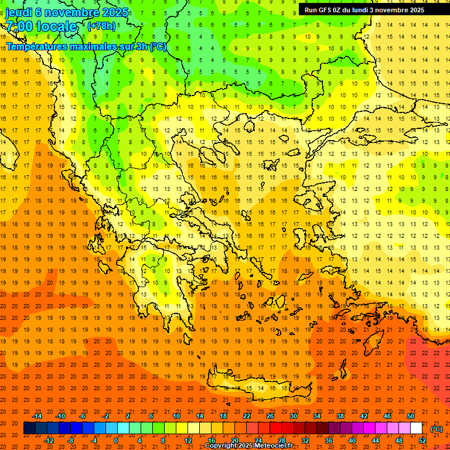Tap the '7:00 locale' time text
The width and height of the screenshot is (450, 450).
[41, 26]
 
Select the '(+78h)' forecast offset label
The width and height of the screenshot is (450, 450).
[101, 26]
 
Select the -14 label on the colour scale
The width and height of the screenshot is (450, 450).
[38, 415]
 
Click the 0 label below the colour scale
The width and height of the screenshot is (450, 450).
[115, 441]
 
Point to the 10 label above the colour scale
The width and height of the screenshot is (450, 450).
[176, 415]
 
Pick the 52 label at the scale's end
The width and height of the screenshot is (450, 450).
[422, 441]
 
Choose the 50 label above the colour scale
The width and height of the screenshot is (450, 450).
[411, 415]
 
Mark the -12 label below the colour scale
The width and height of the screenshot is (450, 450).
[49, 441]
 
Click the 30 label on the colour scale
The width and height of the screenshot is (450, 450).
[293, 415]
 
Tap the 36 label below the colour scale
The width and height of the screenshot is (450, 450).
[329, 441]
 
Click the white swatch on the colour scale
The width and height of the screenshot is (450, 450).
[416, 428]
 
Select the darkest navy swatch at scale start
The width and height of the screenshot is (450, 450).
[29, 428]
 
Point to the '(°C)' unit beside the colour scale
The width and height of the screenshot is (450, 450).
[437, 429]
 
